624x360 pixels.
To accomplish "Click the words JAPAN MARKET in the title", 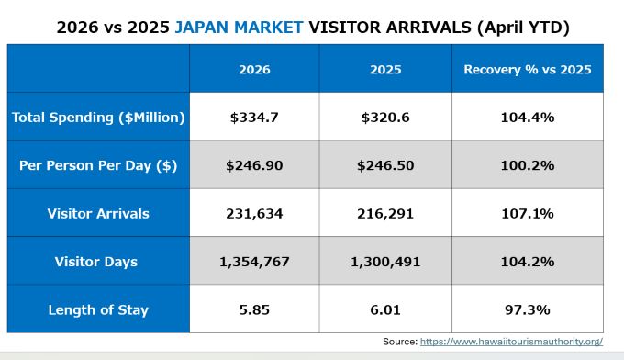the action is [x=239, y=28].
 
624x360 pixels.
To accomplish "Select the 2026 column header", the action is [x=254, y=70].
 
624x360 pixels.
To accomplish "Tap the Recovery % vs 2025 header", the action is [x=528, y=70].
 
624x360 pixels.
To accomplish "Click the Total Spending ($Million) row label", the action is [x=98, y=118].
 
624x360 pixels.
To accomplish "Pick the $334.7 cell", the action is [x=254, y=118].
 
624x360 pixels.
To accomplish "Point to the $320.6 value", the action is [x=385, y=118].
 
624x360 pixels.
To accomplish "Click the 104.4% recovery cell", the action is [x=528, y=118].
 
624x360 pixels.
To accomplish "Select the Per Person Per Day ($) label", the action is [x=98, y=165].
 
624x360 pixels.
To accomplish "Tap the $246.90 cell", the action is [x=254, y=165].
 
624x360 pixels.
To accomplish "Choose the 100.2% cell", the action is [x=528, y=165].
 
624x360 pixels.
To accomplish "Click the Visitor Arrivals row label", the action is [x=98, y=214].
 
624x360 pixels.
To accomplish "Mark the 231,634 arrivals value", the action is [x=254, y=214].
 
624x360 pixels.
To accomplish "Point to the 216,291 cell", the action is [x=385, y=214].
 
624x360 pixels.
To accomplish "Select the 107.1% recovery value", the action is [x=528, y=214].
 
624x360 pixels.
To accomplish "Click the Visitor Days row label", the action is [x=96, y=262].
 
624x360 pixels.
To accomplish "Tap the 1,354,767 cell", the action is [x=254, y=262].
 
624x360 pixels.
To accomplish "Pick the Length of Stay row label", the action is [x=98, y=309].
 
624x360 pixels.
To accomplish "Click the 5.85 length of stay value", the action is [x=254, y=309].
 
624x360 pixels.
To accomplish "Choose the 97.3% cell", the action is [x=528, y=309].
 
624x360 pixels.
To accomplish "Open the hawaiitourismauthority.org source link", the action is [x=511, y=342].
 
